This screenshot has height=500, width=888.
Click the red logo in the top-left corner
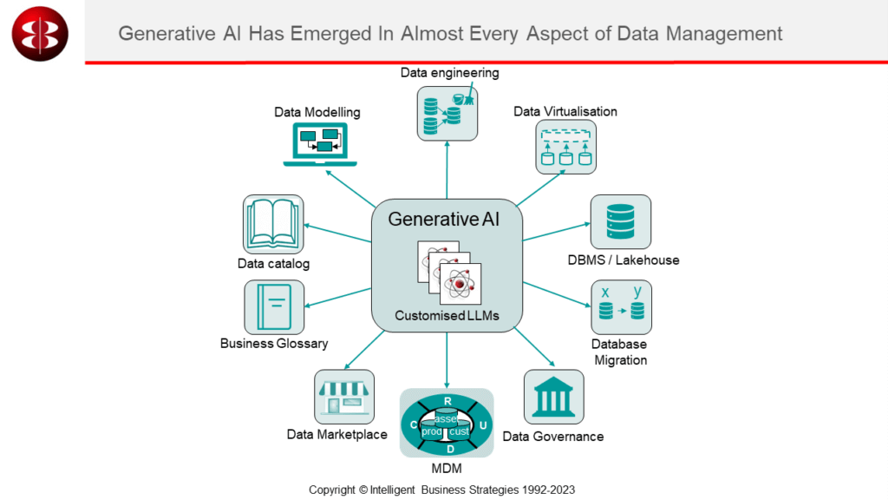point(40,33)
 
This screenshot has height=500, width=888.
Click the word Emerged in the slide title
point(346,34)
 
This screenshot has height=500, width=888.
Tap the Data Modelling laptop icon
point(317,144)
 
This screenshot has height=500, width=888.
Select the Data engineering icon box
point(447,113)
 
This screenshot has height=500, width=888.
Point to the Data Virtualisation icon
point(565,147)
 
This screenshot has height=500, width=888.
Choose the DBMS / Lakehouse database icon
point(621,222)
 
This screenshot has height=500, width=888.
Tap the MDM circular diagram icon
point(447,423)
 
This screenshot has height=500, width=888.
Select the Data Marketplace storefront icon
point(344,398)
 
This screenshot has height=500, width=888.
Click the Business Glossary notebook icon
point(274,307)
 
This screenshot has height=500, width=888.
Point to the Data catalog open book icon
point(273,224)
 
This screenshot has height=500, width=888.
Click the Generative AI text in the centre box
point(444,220)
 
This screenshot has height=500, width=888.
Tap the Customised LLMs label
point(447,316)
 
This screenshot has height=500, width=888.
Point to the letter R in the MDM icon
point(447,400)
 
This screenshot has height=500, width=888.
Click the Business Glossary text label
point(274,344)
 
